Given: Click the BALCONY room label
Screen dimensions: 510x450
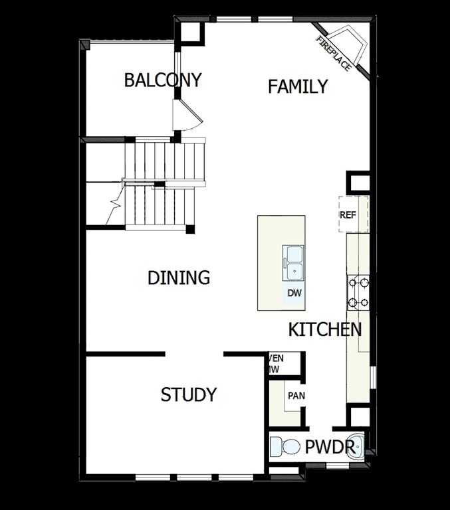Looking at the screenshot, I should click(x=163, y=80).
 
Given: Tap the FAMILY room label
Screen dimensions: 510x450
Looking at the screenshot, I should click(x=298, y=86).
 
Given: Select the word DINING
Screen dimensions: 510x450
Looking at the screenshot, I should click(x=179, y=278).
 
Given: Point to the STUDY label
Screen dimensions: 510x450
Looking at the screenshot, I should click(x=189, y=394).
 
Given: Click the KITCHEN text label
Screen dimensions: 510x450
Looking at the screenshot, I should click(x=325, y=329).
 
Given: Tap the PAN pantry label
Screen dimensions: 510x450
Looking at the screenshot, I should click(x=296, y=396).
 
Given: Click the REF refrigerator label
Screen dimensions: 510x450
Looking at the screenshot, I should click(x=348, y=215).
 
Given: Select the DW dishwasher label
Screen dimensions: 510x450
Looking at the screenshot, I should click(x=294, y=293).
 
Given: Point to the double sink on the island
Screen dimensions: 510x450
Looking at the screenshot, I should click(x=293, y=261).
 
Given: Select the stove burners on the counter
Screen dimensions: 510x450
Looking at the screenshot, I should click(x=358, y=292).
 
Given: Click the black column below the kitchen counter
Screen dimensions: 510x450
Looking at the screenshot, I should click(x=360, y=416).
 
